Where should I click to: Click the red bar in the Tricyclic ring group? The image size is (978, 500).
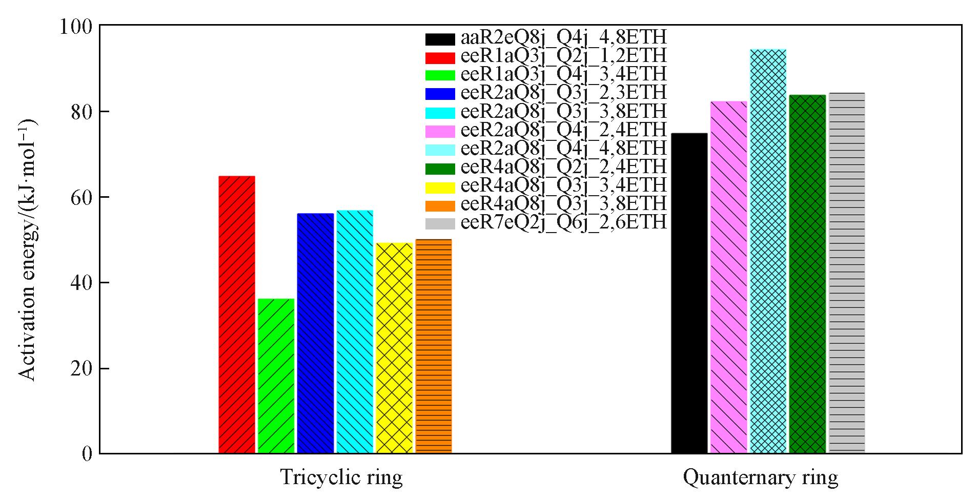pyautogui.click(x=237, y=315)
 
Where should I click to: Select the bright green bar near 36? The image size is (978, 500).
pyautogui.click(x=276, y=376)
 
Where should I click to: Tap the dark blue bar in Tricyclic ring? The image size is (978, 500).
pyautogui.click(x=315, y=333)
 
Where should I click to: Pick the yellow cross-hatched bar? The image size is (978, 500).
pyautogui.click(x=394, y=348)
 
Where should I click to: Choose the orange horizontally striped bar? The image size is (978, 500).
pyautogui.click(x=434, y=346)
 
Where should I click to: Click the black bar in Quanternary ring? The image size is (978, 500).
pyautogui.click(x=689, y=293)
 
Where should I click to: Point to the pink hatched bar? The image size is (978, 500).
pyautogui.click(x=728, y=277)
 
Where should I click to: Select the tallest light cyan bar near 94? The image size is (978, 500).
pyautogui.click(x=768, y=251)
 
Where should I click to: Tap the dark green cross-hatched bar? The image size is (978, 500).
pyautogui.click(x=807, y=274)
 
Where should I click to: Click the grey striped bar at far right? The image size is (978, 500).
pyautogui.click(x=847, y=273)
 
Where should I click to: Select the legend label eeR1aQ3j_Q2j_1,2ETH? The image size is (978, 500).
pyautogui.click(x=563, y=56)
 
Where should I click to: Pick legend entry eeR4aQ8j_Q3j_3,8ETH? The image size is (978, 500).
pyautogui.click(x=563, y=204)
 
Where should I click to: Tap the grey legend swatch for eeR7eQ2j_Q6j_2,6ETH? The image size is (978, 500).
pyautogui.click(x=440, y=223)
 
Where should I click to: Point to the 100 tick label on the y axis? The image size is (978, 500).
pyautogui.click(x=75, y=26)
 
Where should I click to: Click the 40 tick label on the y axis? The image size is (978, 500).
pyautogui.click(x=80, y=283)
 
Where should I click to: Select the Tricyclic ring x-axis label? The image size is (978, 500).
pyautogui.click(x=341, y=477)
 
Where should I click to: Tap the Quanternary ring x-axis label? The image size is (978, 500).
pyautogui.click(x=761, y=477)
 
